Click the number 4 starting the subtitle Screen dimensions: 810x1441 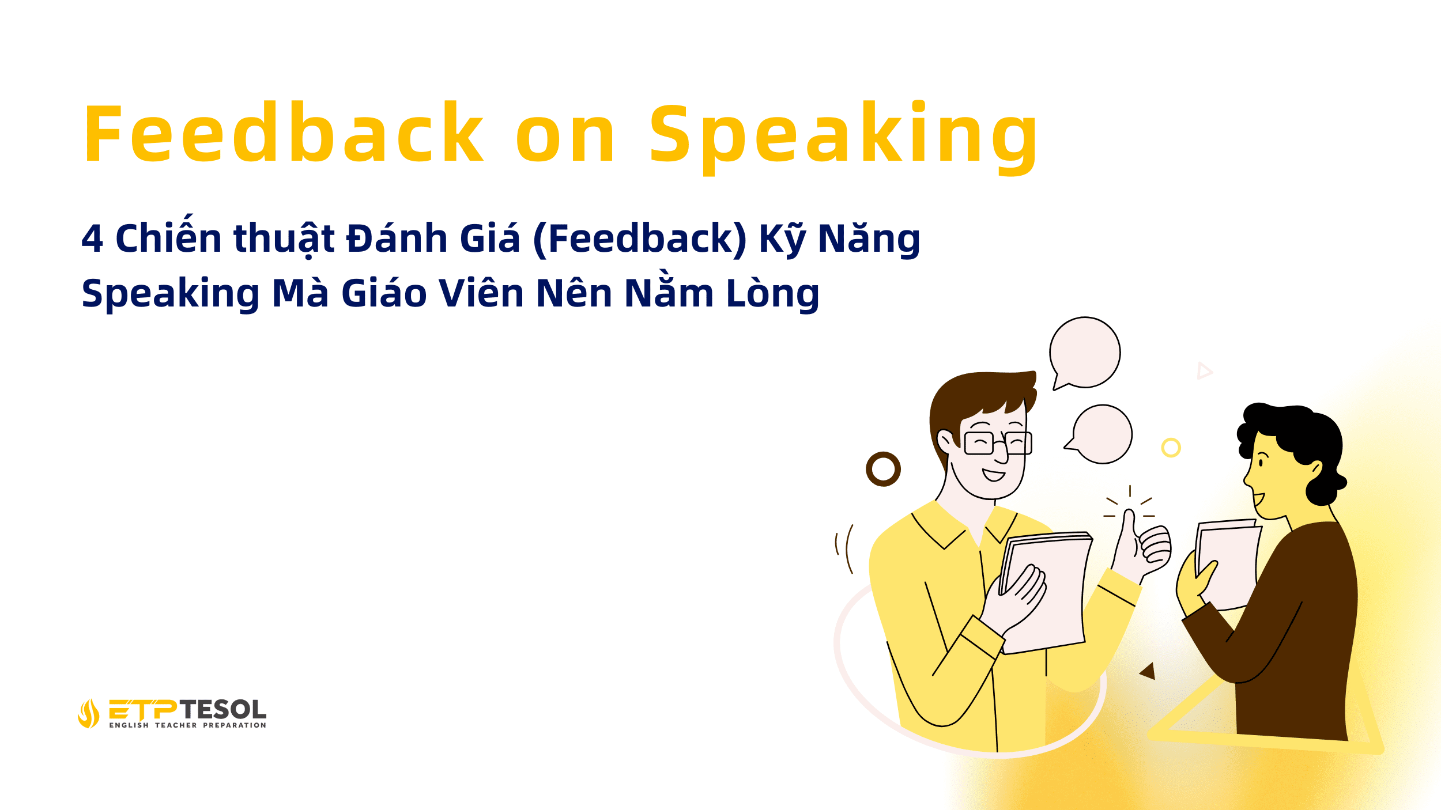click(x=92, y=239)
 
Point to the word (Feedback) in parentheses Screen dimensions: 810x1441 click(x=640, y=239)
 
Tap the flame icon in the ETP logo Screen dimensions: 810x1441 click(x=88, y=713)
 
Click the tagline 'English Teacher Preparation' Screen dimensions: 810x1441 click(x=188, y=725)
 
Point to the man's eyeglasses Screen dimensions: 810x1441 click(x=997, y=442)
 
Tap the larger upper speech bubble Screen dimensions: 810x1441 click(x=1085, y=353)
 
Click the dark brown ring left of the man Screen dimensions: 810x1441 click(x=883, y=469)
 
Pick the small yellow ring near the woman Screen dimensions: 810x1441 click(x=1171, y=448)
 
